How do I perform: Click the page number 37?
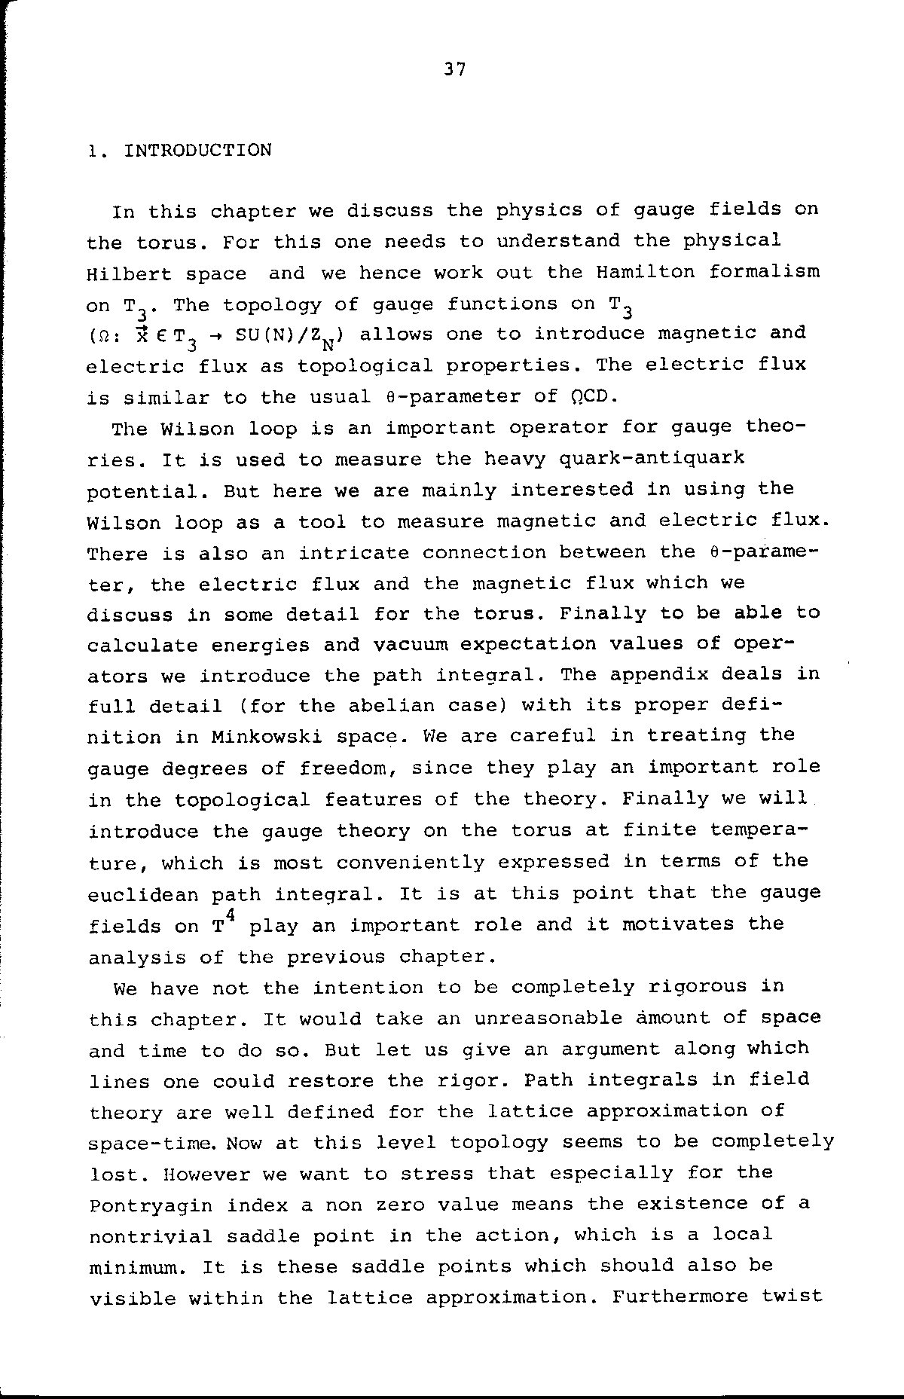[455, 70]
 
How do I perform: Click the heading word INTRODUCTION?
[197, 151]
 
